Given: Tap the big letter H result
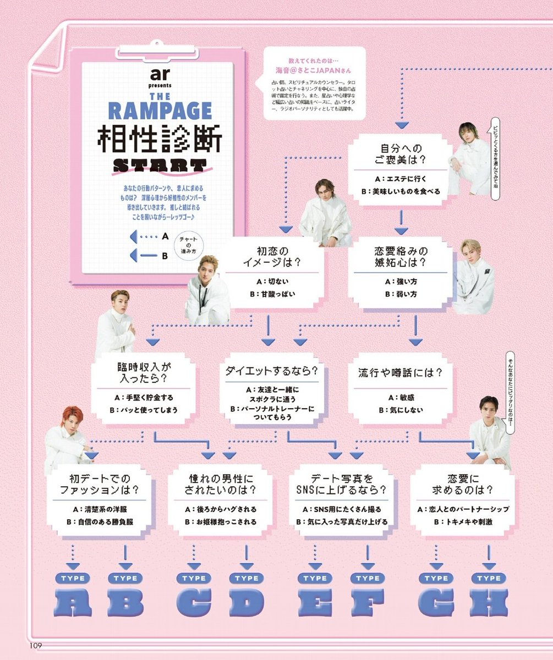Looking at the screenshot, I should coord(489,603).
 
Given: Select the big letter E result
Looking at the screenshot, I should coord(315,603).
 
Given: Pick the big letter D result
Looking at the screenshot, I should coord(247,603).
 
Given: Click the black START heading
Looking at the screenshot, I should coord(159,164).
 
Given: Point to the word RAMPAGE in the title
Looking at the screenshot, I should coord(160,110).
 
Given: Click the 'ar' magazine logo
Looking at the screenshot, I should coord(160,75).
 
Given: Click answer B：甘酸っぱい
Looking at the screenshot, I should coord(272,294).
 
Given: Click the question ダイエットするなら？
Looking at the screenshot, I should coord(272,371).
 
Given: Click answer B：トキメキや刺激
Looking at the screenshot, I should coord(462,521).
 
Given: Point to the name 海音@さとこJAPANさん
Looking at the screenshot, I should coord(313,70).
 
